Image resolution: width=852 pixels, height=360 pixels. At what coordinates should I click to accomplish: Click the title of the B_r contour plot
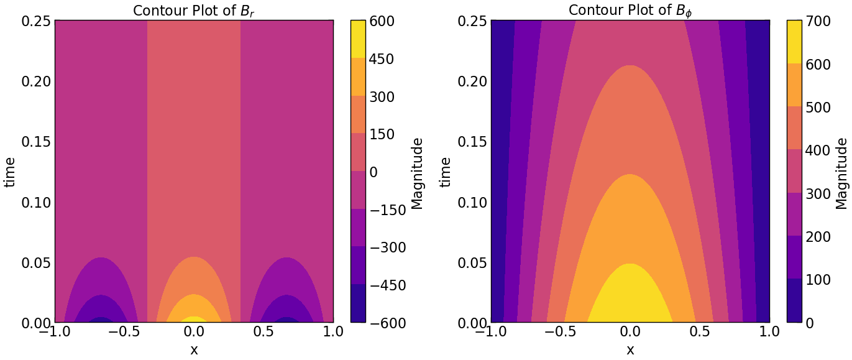click(x=194, y=11)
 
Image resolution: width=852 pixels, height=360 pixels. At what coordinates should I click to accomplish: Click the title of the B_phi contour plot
click(x=630, y=11)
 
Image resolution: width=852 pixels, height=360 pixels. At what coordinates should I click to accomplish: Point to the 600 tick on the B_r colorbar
click(x=379, y=21)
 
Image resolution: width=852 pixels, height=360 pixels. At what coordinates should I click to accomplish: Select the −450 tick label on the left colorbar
click(x=388, y=285)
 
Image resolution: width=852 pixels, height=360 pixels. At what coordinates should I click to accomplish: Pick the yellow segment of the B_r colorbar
click(x=358, y=39)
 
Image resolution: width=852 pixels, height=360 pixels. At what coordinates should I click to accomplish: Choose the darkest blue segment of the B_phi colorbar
click(x=794, y=301)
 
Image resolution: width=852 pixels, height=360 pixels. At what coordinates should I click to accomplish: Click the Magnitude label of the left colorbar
click(x=417, y=173)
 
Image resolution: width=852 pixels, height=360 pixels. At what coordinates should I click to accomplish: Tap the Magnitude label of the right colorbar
click(x=841, y=173)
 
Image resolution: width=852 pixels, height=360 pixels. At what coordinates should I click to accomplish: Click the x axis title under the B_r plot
click(x=194, y=350)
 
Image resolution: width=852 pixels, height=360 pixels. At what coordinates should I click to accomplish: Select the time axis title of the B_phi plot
click(x=446, y=172)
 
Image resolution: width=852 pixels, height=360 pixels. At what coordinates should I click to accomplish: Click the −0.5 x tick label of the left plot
click(x=124, y=332)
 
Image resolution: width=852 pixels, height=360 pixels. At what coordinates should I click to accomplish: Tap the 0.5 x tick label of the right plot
click(x=700, y=332)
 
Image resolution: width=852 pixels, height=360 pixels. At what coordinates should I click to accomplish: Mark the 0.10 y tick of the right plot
click(x=472, y=203)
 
